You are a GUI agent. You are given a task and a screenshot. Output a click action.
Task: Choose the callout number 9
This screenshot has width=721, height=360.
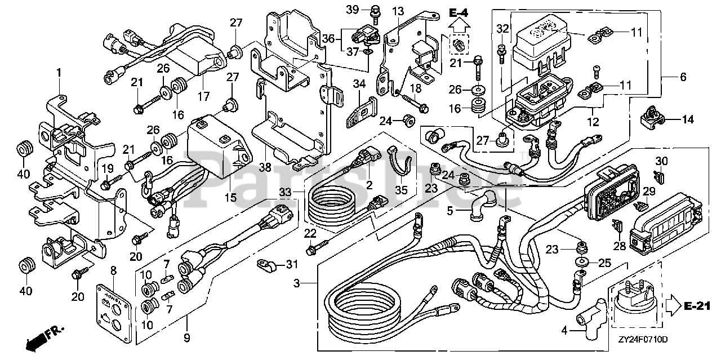coord(187,338)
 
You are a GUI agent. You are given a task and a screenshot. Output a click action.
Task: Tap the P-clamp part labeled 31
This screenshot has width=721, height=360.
coord(265,263)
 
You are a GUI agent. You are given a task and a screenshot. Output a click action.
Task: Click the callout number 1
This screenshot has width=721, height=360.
coord(58,72)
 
